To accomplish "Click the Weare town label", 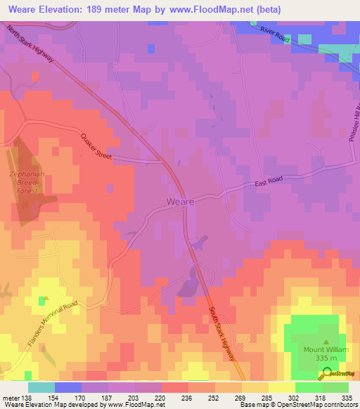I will pyautogui.click(x=181, y=202).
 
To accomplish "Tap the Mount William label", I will pyautogui.click(x=324, y=349).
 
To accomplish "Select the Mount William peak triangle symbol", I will pyautogui.click(x=324, y=338).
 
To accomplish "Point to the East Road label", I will pyautogui.click(x=269, y=181).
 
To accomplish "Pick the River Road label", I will pyautogui.click(x=274, y=34).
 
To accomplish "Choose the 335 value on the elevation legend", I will pyautogui.click(x=347, y=397).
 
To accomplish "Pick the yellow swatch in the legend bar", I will pyautogui.click(x=281, y=387).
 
